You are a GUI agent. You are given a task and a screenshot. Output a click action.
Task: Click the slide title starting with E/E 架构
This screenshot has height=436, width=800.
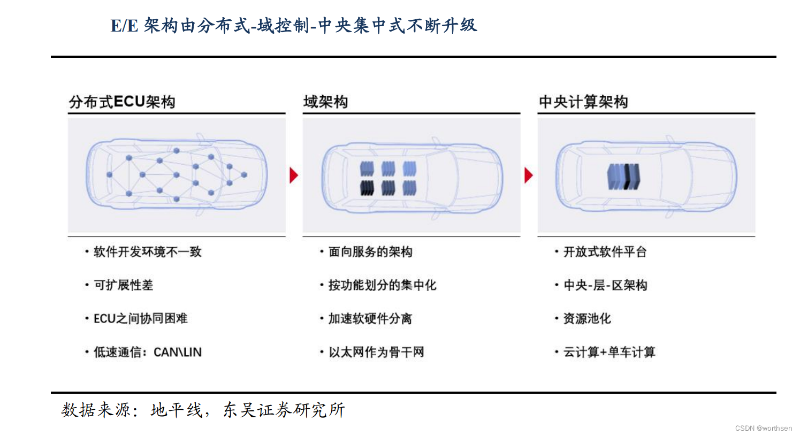293,26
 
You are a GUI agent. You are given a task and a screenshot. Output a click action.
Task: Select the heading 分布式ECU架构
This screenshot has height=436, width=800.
122,102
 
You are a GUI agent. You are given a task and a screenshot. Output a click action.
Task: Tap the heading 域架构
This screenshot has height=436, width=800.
325,102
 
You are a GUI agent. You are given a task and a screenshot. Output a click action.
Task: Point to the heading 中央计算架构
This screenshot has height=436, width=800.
583,102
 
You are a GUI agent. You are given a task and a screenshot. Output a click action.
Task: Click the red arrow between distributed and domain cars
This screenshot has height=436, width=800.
293,175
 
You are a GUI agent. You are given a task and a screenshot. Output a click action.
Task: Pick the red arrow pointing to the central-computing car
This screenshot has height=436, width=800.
528,175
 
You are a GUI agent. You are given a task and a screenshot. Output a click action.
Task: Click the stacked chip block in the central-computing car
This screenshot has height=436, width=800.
623,177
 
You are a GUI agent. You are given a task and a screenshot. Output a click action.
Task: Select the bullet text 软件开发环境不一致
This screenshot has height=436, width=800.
147,252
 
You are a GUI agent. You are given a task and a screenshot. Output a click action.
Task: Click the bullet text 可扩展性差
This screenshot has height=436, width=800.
123,285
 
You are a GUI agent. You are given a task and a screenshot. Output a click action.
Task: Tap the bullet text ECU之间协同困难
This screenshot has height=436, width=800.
140,319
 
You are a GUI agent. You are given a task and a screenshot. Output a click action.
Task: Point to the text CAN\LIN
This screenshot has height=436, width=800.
178,353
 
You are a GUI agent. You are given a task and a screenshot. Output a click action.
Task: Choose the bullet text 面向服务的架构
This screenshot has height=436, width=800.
370,252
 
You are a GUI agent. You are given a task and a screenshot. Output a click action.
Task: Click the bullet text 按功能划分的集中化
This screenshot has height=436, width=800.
382,285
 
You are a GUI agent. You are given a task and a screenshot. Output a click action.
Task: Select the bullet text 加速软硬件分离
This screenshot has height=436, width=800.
370,319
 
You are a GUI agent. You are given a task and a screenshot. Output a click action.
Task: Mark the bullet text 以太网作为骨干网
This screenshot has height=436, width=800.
376,353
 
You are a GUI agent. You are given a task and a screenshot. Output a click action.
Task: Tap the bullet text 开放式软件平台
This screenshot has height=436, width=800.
605,252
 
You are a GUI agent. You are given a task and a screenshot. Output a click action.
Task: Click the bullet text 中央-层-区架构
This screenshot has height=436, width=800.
605,285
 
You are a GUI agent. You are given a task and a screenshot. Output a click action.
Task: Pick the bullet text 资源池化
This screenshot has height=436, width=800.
586,319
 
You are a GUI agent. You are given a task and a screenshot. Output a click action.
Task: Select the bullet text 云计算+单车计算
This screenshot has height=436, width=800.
609,353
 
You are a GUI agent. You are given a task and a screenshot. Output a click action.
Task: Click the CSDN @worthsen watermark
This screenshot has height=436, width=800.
763,428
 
